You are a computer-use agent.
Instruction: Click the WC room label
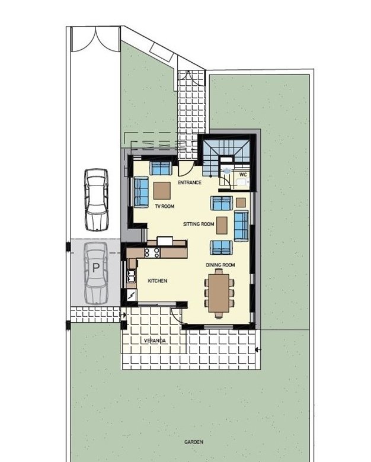click(x=243, y=175)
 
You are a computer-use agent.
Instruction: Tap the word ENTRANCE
click(x=190, y=182)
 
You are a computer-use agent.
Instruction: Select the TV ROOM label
click(x=165, y=206)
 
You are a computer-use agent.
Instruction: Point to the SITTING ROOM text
click(x=199, y=224)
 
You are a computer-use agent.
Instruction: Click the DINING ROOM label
click(x=220, y=265)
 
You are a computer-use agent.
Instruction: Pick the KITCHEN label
click(x=158, y=281)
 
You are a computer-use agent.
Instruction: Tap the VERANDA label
click(x=155, y=341)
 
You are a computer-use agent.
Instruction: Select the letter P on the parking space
click(x=96, y=268)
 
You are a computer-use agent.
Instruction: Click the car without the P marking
click(x=97, y=200)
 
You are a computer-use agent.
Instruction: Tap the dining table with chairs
click(x=219, y=293)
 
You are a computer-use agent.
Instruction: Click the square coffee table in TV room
click(x=162, y=191)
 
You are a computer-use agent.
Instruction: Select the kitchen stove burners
click(x=152, y=252)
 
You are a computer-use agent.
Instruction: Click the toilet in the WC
click(x=242, y=182)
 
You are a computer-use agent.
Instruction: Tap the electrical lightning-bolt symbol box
click(x=132, y=294)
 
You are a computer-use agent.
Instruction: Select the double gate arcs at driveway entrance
click(x=96, y=40)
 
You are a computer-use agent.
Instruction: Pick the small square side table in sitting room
click(x=241, y=203)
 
